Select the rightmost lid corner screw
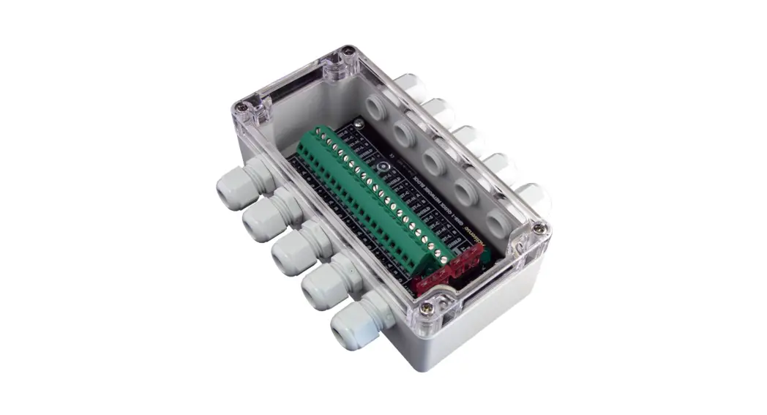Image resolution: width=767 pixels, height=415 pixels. [539, 229]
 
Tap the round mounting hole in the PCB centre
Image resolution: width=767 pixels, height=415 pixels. [382, 166]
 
